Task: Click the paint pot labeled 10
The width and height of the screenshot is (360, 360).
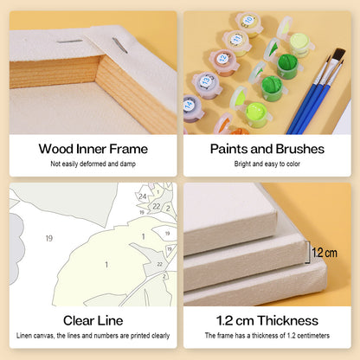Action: (x=249, y=24)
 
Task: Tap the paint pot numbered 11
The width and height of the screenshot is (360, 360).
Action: (x=237, y=42)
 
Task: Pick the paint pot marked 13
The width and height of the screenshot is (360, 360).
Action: (x=207, y=85)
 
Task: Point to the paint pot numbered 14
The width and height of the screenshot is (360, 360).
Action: (x=192, y=108)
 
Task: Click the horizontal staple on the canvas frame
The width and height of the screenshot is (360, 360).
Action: (x=69, y=42)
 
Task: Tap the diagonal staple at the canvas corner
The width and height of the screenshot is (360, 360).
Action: (x=119, y=45)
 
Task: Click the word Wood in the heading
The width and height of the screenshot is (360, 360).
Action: (x=56, y=149)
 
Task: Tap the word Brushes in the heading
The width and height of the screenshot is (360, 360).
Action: (x=300, y=149)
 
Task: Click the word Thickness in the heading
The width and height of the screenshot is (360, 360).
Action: (x=288, y=320)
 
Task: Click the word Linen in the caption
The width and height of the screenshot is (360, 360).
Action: (x=23, y=336)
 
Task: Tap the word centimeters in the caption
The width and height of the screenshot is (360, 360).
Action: (x=313, y=336)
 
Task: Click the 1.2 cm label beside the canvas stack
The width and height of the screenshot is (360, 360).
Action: (x=325, y=253)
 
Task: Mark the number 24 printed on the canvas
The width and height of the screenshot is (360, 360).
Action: (x=143, y=196)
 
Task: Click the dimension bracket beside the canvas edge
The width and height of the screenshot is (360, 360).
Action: (x=308, y=253)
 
